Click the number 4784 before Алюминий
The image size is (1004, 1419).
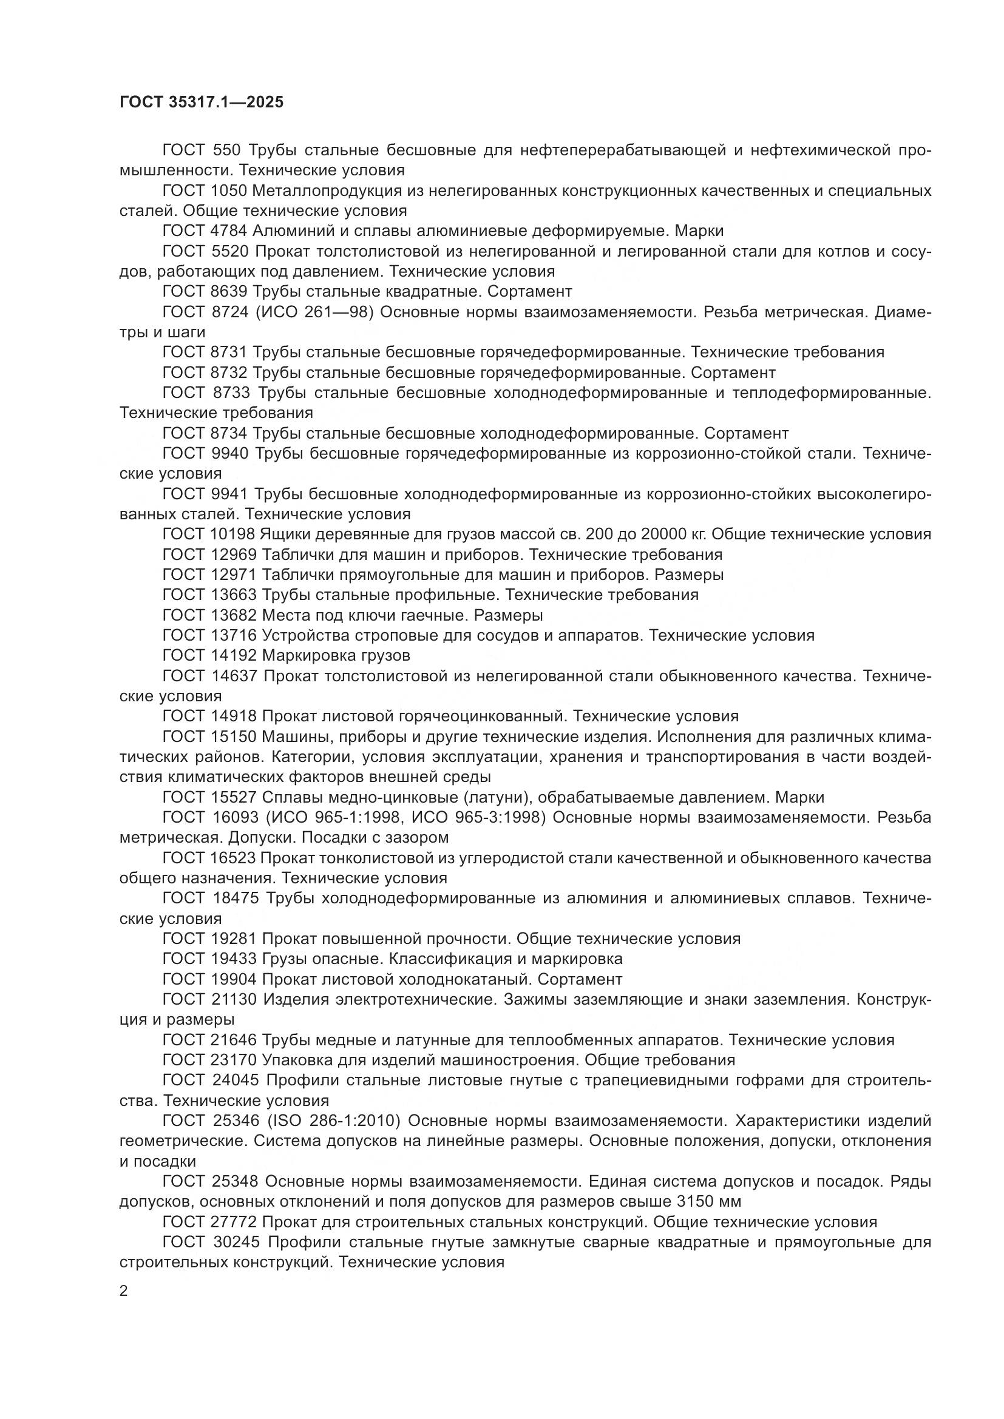tap(229, 231)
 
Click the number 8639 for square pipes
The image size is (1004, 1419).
tap(229, 291)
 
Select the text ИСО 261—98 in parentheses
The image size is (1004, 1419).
tap(314, 311)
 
